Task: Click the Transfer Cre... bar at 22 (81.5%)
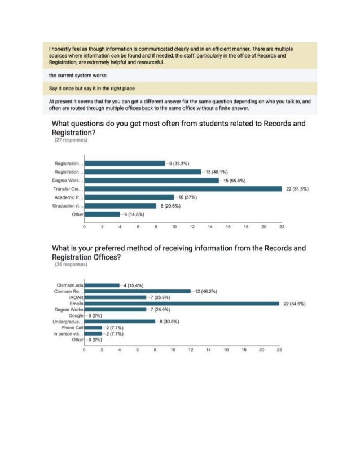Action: [183, 188]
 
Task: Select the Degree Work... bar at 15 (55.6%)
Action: [151, 180]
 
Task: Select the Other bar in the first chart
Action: [102, 214]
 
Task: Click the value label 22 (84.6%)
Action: [294, 304]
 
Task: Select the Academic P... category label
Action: [68, 197]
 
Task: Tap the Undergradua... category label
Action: [68, 322]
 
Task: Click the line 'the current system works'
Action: [78, 75]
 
